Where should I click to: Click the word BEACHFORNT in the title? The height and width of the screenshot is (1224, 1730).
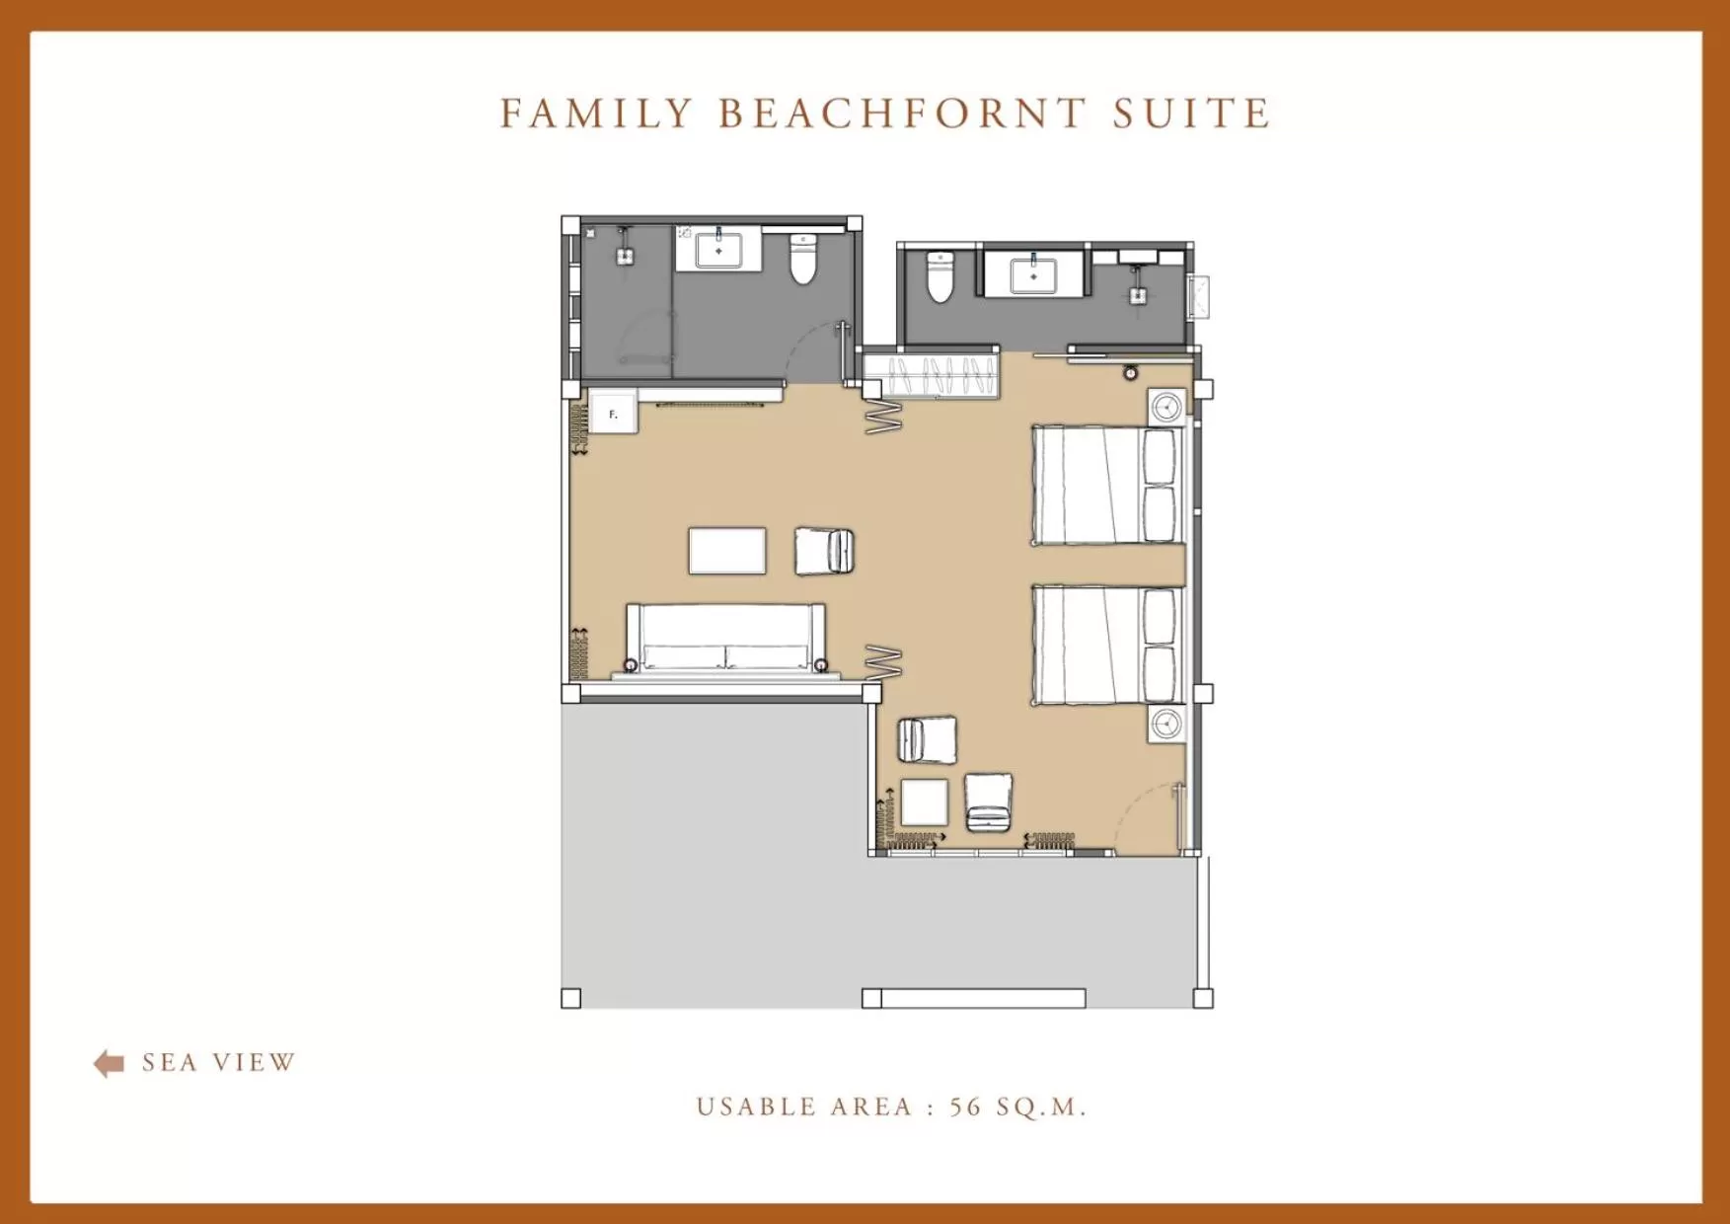click(x=901, y=114)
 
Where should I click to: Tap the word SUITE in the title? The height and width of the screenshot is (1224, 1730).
click(x=1191, y=114)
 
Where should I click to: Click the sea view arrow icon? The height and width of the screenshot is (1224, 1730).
click(x=109, y=1063)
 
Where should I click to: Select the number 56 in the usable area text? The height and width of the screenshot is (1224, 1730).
click(x=965, y=1107)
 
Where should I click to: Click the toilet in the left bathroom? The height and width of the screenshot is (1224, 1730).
click(x=803, y=261)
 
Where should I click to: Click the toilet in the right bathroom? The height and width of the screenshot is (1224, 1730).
click(x=940, y=277)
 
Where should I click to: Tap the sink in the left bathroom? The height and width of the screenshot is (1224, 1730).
click(x=718, y=250)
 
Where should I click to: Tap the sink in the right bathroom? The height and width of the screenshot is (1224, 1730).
click(x=1033, y=275)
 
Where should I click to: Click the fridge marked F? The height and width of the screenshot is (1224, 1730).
click(x=613, y=414)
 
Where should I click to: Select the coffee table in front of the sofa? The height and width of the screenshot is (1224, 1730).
click(x=727, y=551)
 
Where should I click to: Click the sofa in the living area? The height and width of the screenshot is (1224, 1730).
click(x=725, y=640)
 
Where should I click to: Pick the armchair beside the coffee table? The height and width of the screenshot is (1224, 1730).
click(x=824, y=551)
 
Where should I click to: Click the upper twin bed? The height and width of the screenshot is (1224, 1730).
click(x=1105, y=485)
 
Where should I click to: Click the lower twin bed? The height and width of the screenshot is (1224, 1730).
click(x=1105, y=646)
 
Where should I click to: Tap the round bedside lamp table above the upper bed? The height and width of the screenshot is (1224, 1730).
click(x=1166, y=407)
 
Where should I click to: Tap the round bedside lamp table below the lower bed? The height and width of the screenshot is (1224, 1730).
click(x=1166, y=724)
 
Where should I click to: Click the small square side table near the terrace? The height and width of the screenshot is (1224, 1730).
click(x=925, y=803)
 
